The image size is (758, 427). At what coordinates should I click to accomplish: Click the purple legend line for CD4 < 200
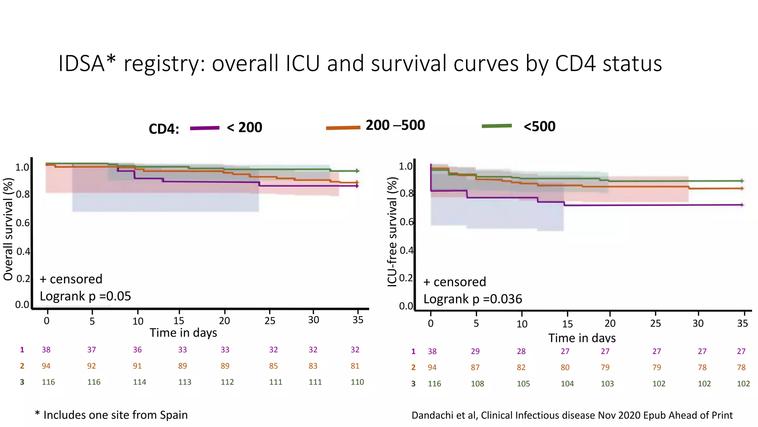pos(205,128)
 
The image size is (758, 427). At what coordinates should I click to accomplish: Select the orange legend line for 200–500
pos(343,128)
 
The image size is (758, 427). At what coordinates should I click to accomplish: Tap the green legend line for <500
pos(497,126)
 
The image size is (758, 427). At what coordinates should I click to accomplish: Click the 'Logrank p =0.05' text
pos(85,296)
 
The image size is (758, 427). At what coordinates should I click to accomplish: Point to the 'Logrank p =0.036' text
pos(472,299)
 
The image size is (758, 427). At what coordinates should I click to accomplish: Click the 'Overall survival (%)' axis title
pos(8,229)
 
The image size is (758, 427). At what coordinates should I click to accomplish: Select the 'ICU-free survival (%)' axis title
pos(392,232)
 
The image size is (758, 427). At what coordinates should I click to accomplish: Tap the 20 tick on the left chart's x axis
pos(224,321)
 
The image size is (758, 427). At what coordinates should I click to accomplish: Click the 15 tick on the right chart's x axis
pos(567,324)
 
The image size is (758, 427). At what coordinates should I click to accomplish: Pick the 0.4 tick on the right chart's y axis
pos(406,251)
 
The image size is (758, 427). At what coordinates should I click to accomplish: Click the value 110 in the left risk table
pos(357,382)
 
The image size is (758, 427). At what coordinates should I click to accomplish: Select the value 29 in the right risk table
pos(475,351)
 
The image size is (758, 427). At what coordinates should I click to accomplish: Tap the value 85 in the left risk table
pos(273,366)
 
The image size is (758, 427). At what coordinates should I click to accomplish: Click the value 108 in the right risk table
pos(477,384)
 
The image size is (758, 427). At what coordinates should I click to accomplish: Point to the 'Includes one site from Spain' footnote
pos(115,415)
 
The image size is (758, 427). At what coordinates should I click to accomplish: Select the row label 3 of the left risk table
pos(22,382)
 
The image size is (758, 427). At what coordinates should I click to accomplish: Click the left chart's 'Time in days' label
pos(183,333)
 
